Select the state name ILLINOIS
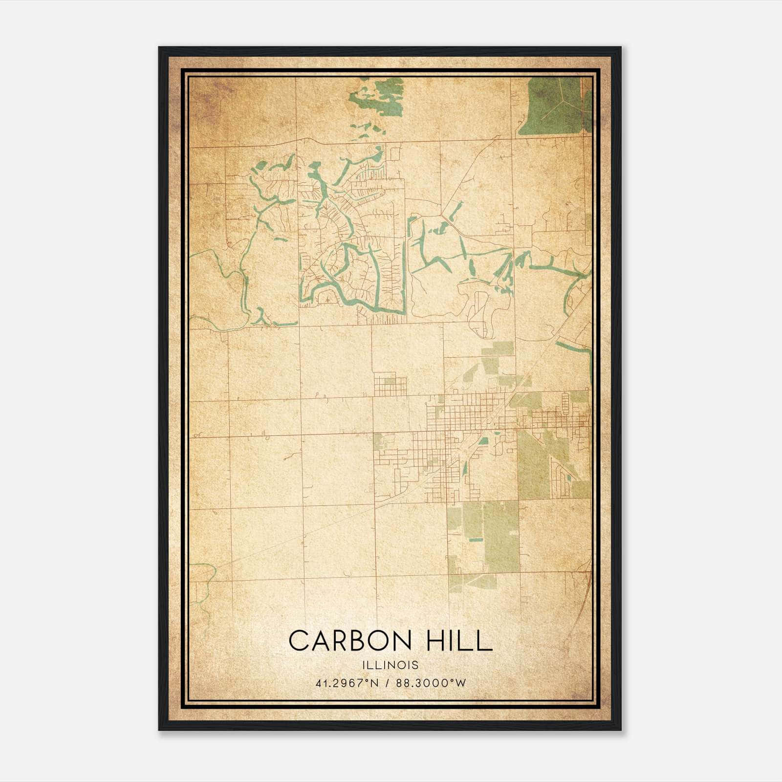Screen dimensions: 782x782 point(391,665)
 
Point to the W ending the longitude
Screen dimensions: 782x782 point(461,683)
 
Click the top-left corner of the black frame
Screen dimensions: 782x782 point(159,47)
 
